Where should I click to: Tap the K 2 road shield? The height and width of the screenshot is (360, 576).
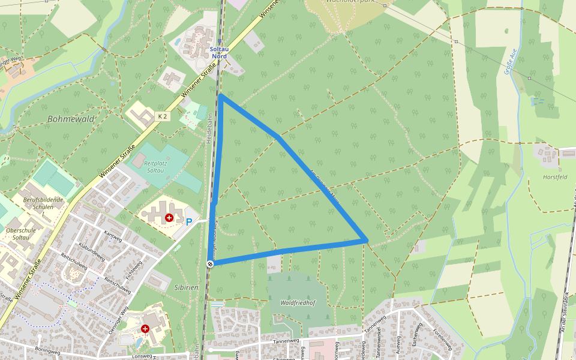point(162,116)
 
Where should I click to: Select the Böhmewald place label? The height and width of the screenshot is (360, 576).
point(71,119)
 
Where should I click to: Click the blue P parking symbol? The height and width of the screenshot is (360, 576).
point(189,222)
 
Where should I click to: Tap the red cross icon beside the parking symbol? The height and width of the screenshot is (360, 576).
point(169,217)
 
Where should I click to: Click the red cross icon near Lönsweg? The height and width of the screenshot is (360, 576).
point(145,329)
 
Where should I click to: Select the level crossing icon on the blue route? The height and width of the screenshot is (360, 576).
point(210,263)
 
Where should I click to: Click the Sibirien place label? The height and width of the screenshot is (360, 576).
point(186,287)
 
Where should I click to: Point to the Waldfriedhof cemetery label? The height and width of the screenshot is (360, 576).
point(298,303)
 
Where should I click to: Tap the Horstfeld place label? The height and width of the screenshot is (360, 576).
point(554,177)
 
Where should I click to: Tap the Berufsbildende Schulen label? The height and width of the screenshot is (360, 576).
point(43,203)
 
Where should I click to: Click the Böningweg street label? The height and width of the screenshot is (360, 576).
point(49,348)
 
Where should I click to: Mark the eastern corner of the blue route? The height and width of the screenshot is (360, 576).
point(365,241)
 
